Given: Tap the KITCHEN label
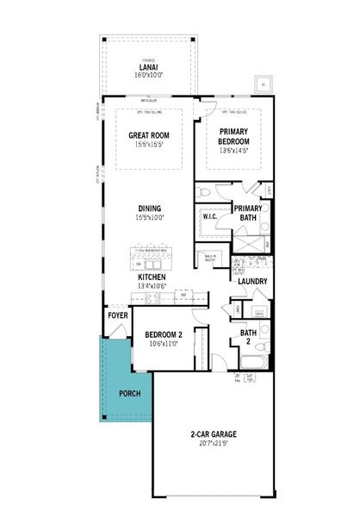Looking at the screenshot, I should click(x=152, y=277).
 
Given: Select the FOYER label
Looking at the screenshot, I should click(x=118, y=315).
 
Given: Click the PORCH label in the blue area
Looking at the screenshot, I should click(x=129, y=394).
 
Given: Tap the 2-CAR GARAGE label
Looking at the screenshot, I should click(x=214, y=434).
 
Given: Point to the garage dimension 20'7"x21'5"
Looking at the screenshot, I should click(x=214, y=444).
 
